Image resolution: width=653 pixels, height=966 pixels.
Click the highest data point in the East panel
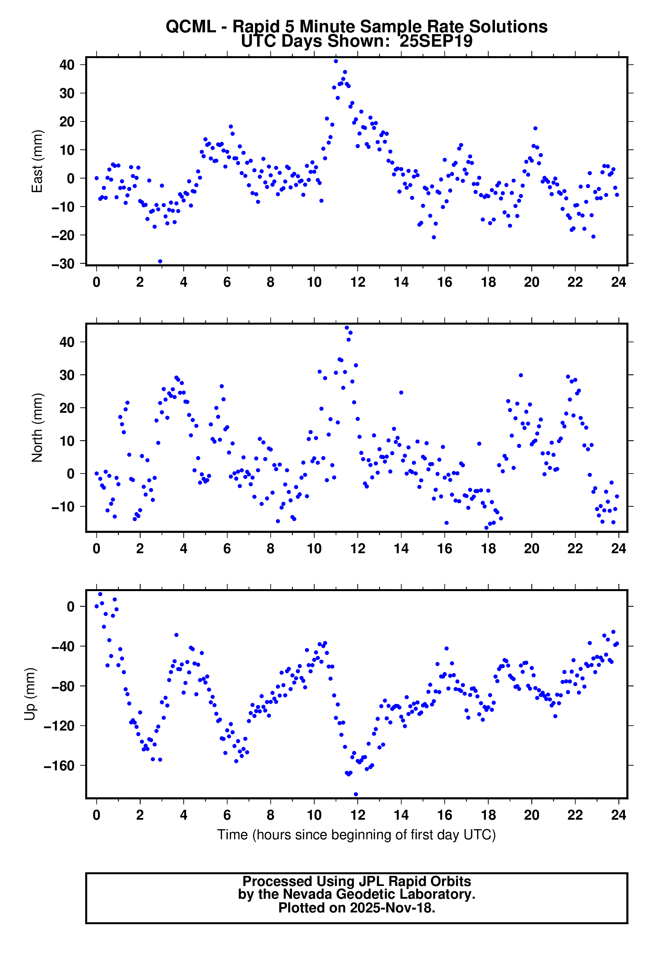tap(336, 61)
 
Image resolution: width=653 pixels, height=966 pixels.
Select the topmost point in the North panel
tap(347, 328)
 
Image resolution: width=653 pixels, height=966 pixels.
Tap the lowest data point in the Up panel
tap(356, 794)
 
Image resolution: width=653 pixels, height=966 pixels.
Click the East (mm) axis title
tap(37, 161)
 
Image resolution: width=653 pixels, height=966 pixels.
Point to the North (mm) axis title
tap(37, 427)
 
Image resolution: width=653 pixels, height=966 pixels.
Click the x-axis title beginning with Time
tap(356, 834)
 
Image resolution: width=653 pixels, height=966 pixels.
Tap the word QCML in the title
tap(191, 26)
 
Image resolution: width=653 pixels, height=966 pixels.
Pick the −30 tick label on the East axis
tap(63, 264)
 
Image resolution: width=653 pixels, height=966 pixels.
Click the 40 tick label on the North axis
tap(67, 342)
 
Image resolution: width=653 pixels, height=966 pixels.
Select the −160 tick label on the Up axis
tap(59, 766)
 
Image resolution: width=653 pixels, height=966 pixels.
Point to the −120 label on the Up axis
tap(59, 726)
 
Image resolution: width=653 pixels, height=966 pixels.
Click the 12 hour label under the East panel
tap(358, 282)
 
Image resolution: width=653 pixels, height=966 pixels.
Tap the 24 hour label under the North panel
tap(618, 549)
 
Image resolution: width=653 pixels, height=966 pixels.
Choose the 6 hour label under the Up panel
tap(227, 815)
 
